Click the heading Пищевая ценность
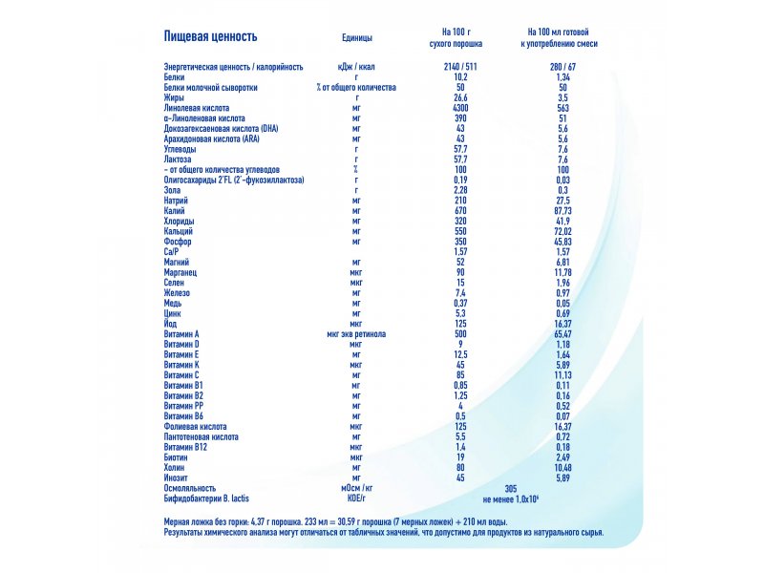tap(210, 36)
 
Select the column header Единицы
tap(356, 37)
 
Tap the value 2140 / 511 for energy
tap(460, 67)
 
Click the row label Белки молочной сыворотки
tap(210, 88)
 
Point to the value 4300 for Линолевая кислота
tap(460, 108)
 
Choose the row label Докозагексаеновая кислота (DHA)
tap(222, 129)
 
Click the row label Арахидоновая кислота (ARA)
tap(211, 138)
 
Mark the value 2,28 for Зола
tap(460, 190)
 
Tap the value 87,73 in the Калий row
tap(562, 211)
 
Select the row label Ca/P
tap(171, 252)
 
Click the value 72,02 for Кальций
tap(562, 231)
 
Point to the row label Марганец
tap(180, 272)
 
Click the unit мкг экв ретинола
tap(356, 334)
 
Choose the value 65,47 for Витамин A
tap(562, 334)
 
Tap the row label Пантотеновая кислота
tap(202, 437)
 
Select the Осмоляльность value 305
tap(511, 488)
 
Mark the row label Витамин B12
tap(185, 447)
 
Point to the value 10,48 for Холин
tap(562, 468)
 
